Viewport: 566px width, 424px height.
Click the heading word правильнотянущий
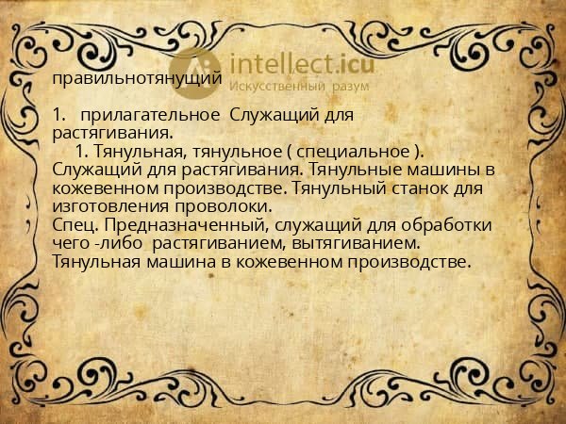point(138,79)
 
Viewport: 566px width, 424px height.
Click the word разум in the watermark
point(350,86)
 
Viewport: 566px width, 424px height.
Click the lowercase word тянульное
point(230,151)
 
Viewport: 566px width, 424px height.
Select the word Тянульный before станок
point(338,188)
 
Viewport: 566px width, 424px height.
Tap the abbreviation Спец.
point(72,224)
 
